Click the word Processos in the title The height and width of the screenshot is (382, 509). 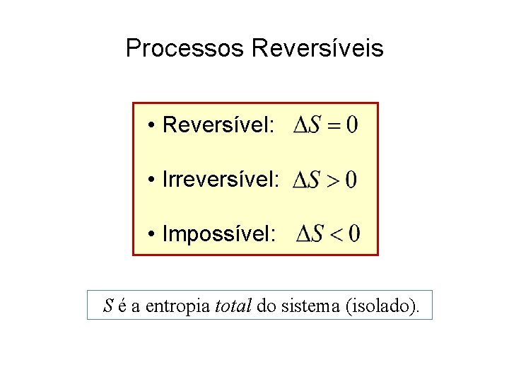(x=185, y=49)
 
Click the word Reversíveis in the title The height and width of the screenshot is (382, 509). (x=317, y=49)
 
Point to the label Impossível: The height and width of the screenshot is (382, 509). (x=219, y=234)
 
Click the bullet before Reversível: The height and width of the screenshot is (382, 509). (x=152, y=127)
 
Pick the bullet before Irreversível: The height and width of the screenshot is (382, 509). (x=152, y=180)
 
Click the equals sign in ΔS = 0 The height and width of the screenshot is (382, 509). (x=332, y=127)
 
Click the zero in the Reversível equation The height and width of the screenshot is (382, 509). (x=351, y=126)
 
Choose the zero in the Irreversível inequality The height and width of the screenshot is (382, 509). (x=351, y=180)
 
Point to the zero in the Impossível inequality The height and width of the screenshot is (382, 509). (x=353, y=233)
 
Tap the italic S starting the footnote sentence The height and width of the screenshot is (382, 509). (x=108, y=306)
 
